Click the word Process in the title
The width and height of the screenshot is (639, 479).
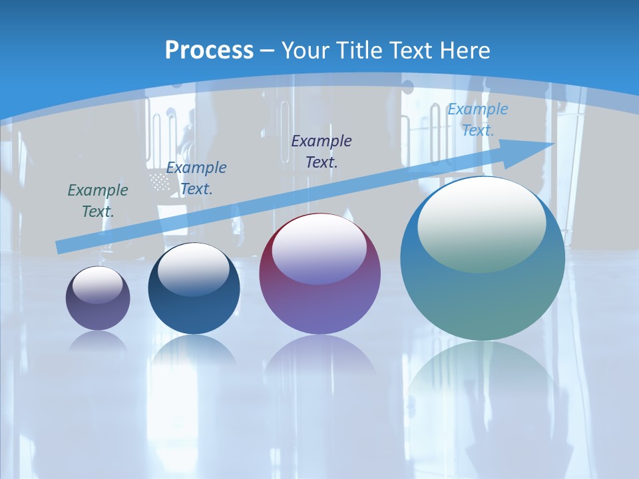click(x=209, y=50)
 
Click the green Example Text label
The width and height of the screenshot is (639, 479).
click(x=98, y=200)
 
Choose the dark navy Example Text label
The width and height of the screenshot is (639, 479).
click(x=321, y=151)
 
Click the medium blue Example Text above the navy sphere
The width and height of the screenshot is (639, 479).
click(x=196, y=178)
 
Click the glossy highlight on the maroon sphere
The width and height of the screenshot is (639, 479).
click(x=319, y=248)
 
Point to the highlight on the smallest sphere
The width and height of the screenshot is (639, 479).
click(x=98, y=285)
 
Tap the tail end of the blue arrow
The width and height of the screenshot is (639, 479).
click(x=61, y=247)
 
